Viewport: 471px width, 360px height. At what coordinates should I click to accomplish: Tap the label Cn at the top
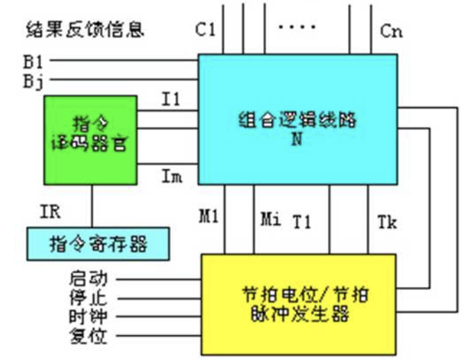(390, 31)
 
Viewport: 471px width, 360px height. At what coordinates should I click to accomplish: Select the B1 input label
(33, 61)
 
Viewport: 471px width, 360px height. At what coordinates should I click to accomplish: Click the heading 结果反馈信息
(85, 30)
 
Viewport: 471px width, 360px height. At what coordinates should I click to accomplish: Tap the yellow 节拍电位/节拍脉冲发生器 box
(299, 303)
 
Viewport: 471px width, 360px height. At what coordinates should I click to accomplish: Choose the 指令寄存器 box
(98, 243)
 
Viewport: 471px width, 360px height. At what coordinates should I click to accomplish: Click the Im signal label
(172, 177)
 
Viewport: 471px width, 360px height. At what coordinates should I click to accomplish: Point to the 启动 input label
(88, 279)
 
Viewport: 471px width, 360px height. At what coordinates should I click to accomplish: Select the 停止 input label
(88, 298)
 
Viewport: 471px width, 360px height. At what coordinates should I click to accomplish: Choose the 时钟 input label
(88, 317)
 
